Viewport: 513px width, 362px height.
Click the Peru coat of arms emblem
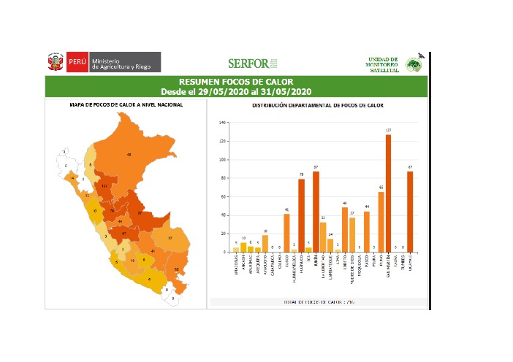pyautogui.click(x=56, y=62)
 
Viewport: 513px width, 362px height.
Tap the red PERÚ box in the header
pyautogui.click(x=77, y=63)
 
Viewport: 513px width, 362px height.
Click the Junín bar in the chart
pyautogui.click(x=316, y=212)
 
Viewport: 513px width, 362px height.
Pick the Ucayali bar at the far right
pyautogui.click(x=410, y=212)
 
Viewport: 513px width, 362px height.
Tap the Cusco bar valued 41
pyautogui.click(x=286, y=233)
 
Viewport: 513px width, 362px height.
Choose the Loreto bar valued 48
pyautogui.click(x=345, y=230)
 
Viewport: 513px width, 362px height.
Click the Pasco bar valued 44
pyautogui.click(x=367, y=231)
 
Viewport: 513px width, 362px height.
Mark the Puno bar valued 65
pyautogui.click(x=381, y=222)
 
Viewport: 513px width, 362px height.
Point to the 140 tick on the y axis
pyautogui.click(x=221, y=123)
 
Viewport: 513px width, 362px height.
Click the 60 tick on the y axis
pyautogui.click(x=221, y=197)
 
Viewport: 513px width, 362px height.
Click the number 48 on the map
pyautogui.click(x=129, y=155)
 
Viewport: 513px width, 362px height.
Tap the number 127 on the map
pyautogui.click(x=104, y=186)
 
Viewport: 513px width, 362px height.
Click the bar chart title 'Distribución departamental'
pyautogui.click(x=317, y=106)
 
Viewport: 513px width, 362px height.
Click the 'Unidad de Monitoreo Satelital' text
pyautogui.click(x=382, y=63)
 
